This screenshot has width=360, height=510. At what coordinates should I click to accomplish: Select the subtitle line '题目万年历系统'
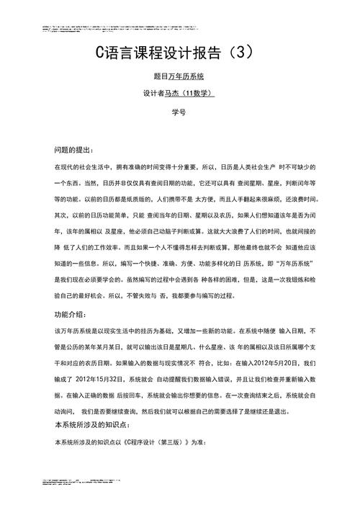pyautogui.click(x=179, y=75)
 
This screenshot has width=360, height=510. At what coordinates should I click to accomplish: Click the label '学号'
pyautogui.click(x=179, y=112)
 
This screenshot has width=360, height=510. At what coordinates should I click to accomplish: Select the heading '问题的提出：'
pyautogui.click(x=74, y=150)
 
